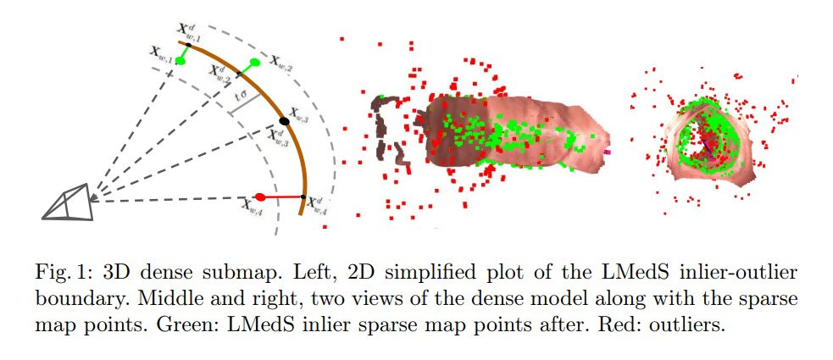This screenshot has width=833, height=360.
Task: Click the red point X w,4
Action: [259, 196]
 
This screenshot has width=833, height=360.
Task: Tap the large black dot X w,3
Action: [284, 121]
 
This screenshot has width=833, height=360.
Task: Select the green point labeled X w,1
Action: [180, 61]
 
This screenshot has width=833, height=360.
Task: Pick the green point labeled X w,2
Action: [254, 62]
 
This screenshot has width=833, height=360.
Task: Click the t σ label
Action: [241, 97]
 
